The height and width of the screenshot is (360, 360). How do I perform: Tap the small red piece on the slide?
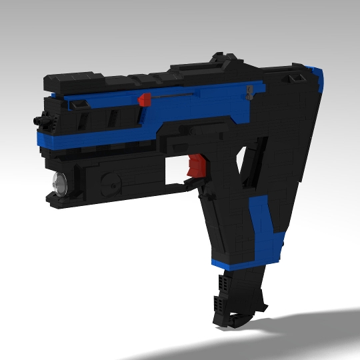[143, 100]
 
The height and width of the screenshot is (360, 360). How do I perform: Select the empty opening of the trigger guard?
[175, 169]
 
